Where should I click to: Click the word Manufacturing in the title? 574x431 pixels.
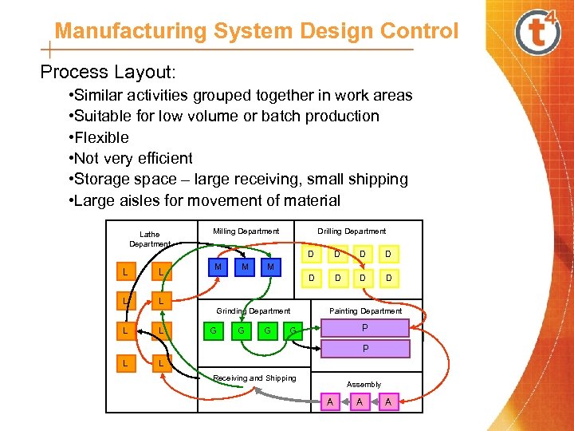click(131, 31)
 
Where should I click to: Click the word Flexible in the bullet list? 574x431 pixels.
click(103, 137)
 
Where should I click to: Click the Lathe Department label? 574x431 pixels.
click(149, 239)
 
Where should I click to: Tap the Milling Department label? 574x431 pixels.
click(246, 231)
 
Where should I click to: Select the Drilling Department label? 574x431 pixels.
click(352, 231)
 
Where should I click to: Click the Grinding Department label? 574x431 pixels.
click(254, 310)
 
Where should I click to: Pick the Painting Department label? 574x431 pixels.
click(366, 310)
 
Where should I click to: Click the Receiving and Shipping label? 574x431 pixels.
click(254, 378)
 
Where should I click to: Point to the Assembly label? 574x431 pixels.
click(364, 385)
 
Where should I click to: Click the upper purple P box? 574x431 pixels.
click(365, 328)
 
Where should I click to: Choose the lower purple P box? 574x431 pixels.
click(365, 349)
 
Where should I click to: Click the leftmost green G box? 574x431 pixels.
click(213, 329)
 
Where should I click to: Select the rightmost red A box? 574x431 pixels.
click(388, 402)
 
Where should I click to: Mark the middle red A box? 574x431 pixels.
click(360, 402)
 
